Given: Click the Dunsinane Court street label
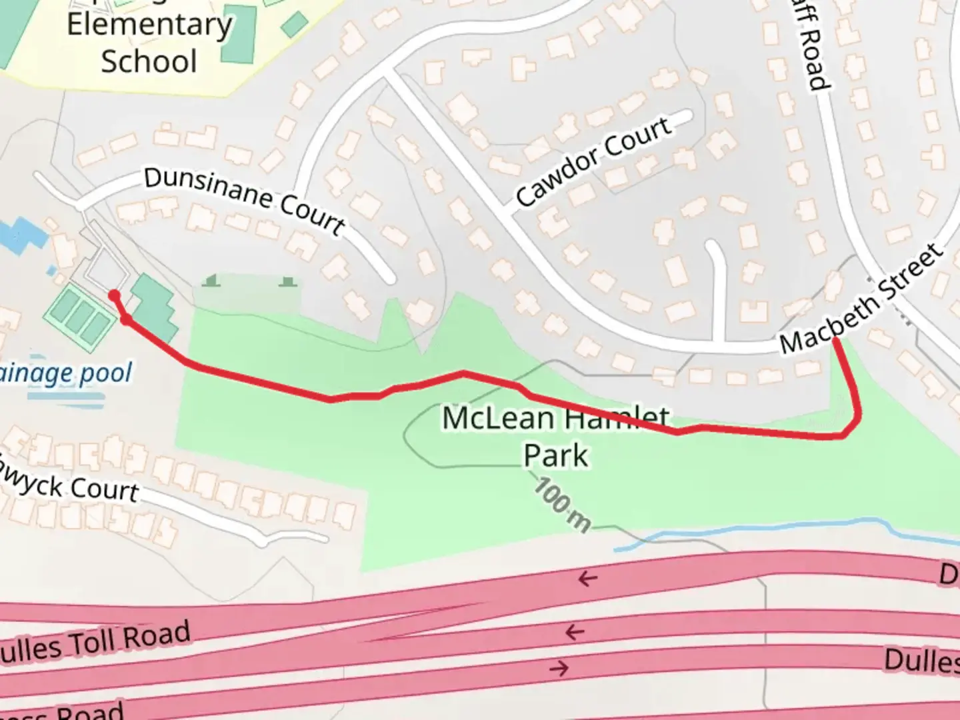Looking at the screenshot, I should [245, 200].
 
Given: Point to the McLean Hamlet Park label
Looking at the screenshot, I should [555, 437].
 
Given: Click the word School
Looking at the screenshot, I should [149, 61].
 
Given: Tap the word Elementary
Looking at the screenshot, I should [149, 25].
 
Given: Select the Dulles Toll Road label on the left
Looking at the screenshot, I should [93, 643].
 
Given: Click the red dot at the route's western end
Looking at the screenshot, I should [114, 295].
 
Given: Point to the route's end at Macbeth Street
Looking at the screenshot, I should [835, 341].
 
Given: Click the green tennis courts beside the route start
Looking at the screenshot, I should [79, 317].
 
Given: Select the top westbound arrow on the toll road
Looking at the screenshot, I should [587, 579].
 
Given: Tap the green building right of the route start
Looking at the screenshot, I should [154, 306].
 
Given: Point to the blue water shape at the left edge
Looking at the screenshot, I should [20, 235].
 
